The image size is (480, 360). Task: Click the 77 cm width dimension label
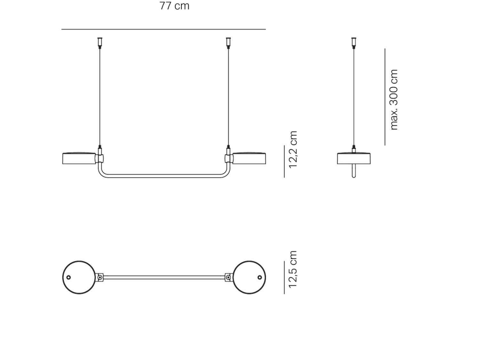tap(174, 6)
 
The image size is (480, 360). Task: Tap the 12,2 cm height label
tap(293, 150)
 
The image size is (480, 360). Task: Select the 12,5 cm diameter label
tap(293, 269)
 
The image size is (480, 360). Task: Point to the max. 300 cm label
tap(394, 100)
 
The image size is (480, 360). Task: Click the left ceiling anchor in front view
tap(100, 43)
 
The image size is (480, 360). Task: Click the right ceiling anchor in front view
tap(228, 43)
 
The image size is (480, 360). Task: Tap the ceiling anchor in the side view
tap(354, 43)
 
